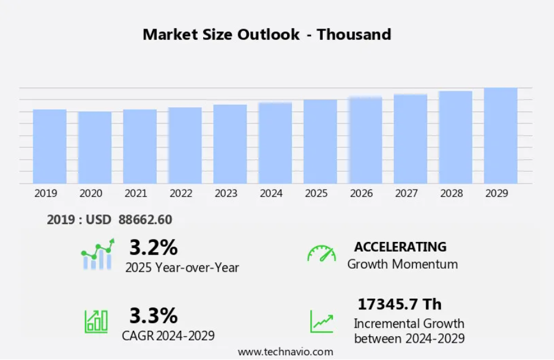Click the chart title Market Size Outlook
(267, 35)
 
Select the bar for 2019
(49, 147)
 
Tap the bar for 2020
(95, 148)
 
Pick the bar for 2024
(275, 143)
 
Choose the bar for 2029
(500, 136)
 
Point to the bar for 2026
(365, 141)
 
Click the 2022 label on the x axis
(180, 193)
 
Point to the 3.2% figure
(153, 247)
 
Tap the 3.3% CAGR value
(153, 315)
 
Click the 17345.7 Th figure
(399, 304)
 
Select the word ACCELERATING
(400, 247)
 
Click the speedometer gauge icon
(322, 253)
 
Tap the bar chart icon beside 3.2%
(97, 255)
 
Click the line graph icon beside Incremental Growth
(322, 321)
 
